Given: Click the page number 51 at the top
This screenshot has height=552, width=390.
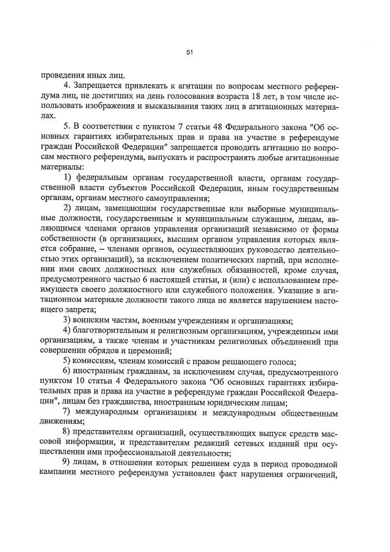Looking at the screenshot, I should pyautogui.click(x=190, y=53).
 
